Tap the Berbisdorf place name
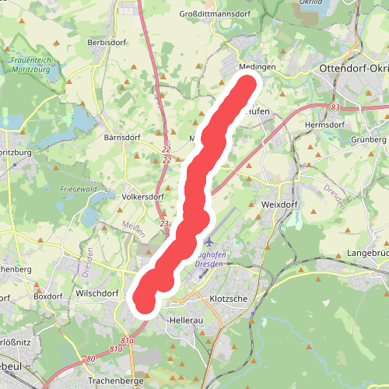(107, 41)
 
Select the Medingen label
(258, 68)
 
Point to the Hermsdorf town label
(324, 124)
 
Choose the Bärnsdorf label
(121, 137)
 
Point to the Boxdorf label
(47, 296)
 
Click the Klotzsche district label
(229, 299)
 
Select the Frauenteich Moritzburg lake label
(32, 65)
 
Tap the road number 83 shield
(335, 107)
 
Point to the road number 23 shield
(163, 223)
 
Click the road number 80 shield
(91, 359)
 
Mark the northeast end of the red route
(248, 85)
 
